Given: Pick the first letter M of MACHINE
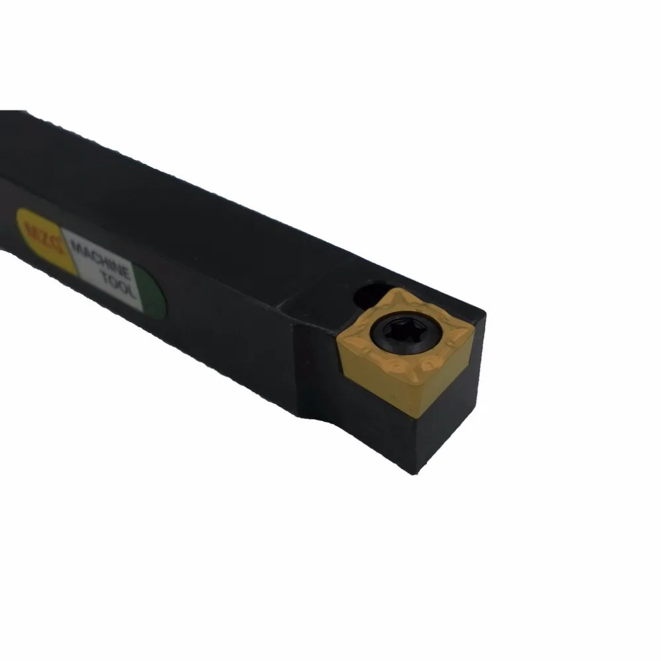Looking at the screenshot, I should tap(74, 246).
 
